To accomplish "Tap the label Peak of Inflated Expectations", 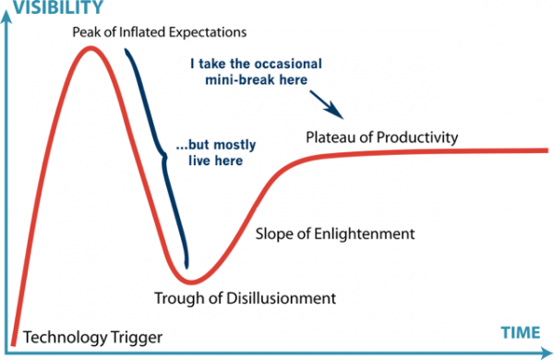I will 160,33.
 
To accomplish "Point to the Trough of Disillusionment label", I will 244,297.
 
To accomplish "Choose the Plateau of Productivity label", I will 381,138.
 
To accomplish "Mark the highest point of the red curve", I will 90,47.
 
